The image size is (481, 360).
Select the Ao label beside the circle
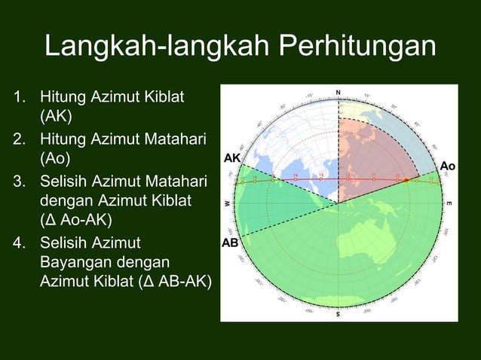(448, 166)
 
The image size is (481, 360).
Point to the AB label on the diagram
(230, 244)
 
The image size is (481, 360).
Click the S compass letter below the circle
(338, 314)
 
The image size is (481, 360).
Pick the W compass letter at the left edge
(227, 204)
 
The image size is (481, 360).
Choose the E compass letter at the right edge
(450, 204)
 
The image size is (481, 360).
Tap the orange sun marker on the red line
(406, 181)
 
